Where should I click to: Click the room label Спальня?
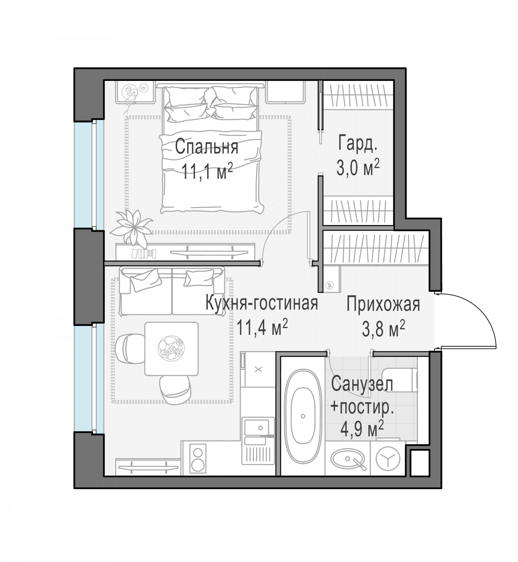pos(207,147)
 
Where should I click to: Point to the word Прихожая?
pos(383,304)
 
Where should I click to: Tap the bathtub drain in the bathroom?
pos(303,416)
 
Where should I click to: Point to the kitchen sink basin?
pos(256,428)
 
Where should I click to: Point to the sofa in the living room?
pos(172,291)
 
